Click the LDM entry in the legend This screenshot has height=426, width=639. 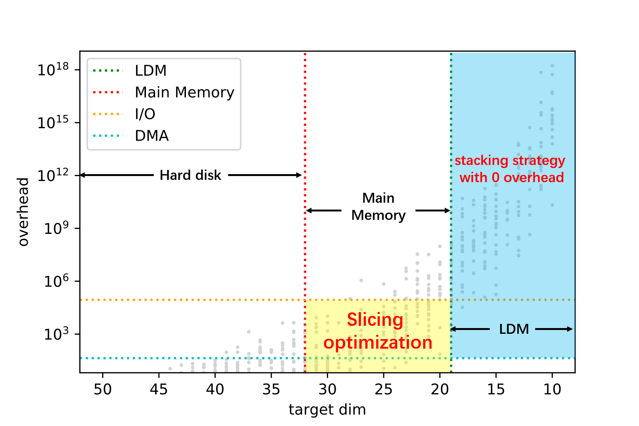pos(151,71)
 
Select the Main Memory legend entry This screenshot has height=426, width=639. pos(184,93)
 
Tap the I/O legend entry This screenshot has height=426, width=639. pos(145,114)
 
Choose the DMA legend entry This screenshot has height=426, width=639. pos(152,136)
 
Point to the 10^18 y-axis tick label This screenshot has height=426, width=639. pos(53,70)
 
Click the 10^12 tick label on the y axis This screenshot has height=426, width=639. pos(53,175)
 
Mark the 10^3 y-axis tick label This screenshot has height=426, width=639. pos(56,334)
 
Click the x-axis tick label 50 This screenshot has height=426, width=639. pos(102,389)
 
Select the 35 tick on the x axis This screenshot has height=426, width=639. pos(271,389)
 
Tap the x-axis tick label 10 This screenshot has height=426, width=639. pos(552,389)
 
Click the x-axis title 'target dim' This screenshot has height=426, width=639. pos(327,410)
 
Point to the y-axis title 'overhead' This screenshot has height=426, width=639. pos(24,212)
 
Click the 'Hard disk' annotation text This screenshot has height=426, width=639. pos(190,175)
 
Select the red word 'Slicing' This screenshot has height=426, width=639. pos(375,320)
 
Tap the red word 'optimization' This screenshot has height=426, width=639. pos(378,343)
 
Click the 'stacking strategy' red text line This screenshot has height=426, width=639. pos(510,161)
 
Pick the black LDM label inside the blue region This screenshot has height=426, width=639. pos(514,329)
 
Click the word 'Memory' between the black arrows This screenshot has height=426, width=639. pos(378,216)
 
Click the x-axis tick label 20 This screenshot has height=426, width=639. pos(440,389)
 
